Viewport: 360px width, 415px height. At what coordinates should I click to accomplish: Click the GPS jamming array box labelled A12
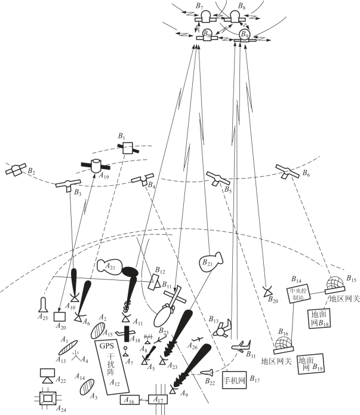tap(112, 367)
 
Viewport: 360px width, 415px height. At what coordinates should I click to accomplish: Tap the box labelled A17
tap(157, 400)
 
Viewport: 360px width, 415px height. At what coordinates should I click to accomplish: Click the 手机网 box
tap(233, 379)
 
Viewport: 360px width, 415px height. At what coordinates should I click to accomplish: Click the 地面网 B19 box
tap(309, 364)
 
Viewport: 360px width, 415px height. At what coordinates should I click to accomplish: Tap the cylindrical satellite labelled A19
tap(95, 166)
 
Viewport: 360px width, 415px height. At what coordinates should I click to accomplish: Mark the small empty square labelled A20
tap(59, 316)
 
